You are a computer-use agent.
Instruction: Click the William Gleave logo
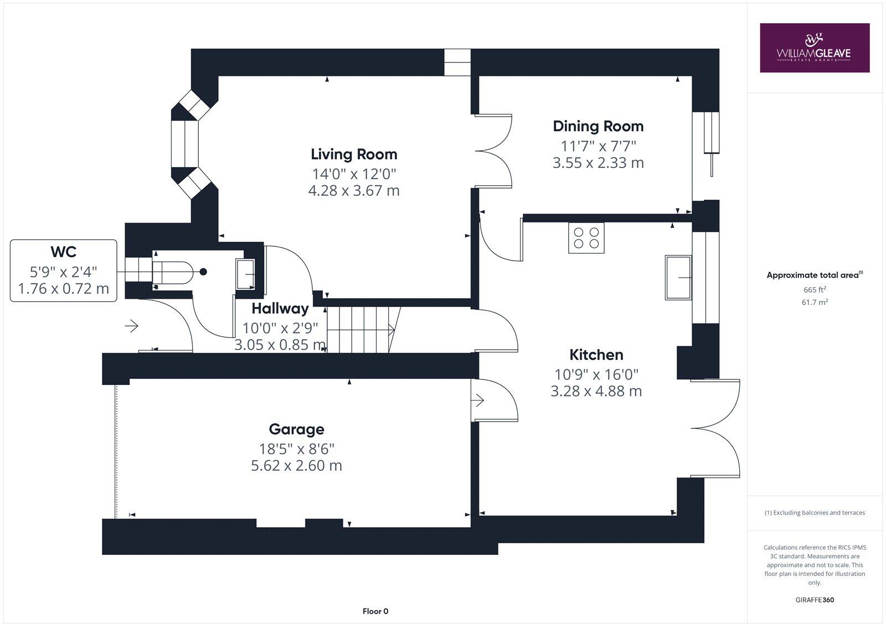[814, 48]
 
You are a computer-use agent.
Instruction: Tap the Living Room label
[354, 154]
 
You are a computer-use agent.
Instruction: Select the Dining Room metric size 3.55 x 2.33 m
[598, 163]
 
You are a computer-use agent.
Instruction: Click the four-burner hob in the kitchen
[586, 238]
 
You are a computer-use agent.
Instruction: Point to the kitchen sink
[679, 277]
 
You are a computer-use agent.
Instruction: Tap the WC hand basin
[245, 273]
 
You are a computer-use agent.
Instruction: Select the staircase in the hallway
[363, 329]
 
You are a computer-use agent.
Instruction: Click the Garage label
[296, 429]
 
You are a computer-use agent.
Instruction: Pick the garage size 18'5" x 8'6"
[296, 448]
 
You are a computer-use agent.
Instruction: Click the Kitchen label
[596, 355]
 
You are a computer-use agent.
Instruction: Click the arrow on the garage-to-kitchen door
[478, 400]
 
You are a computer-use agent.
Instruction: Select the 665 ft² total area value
[815, 289]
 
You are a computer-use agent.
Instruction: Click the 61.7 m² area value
[815, 302]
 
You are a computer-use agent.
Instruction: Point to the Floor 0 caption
[375, 611]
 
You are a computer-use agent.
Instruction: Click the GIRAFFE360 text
[815, 600]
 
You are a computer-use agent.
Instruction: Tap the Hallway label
[280, 309]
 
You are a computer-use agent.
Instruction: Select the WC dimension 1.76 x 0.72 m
[64, 289]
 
